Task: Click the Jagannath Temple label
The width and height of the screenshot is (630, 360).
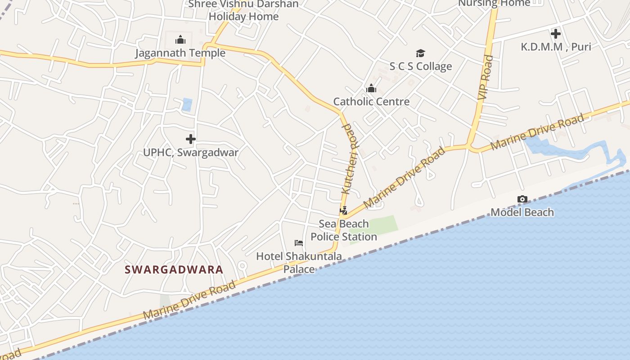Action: (x=180, y=53)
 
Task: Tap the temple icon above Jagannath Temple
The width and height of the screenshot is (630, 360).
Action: (x=180, y=40)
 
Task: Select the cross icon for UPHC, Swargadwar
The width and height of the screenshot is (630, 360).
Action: (x=191, y=139)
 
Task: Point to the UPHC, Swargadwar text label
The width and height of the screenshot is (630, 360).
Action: (x=191, y=152)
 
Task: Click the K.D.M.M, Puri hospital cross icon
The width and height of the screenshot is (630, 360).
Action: (x=556, y=34)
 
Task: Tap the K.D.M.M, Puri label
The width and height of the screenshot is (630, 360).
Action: (x=556, y=47)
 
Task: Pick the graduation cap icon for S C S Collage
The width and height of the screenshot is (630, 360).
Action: (x=420, y=54)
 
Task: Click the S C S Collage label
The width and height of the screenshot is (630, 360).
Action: (x=420, y=67)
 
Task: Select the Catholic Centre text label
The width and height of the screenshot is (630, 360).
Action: (x=371, y=102)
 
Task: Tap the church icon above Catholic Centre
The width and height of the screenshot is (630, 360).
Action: (x=371, y=89)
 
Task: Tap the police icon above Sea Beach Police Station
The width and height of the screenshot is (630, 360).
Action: (x=344, y=211)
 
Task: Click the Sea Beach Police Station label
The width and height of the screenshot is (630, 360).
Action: (x=344, y=230)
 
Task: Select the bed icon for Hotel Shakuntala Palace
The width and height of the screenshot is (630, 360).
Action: (x=299, y=243)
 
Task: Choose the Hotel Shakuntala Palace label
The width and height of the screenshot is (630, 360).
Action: (x=299, y=262)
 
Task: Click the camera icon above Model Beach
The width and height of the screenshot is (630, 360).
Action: (x=522, y=199)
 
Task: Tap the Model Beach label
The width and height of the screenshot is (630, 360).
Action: (x=522, y=212)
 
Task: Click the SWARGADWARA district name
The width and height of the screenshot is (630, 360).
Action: (x=174, y=270)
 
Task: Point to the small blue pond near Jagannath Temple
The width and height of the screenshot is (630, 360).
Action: (x=187, y=105)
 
